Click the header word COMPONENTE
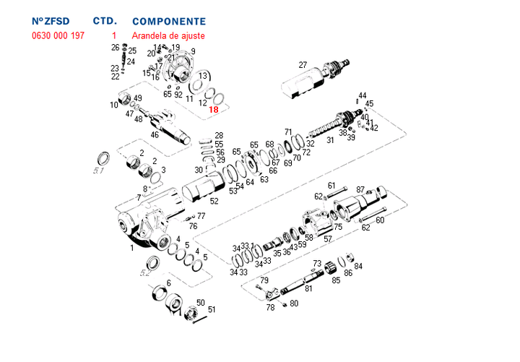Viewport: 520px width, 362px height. click(x=168, y=22)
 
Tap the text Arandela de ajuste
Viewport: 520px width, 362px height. click(x=168, y=35)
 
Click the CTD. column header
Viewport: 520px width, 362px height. click(x=105, y=22)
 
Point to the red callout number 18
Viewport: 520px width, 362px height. click(x=213, y=110)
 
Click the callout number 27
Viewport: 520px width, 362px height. click(x=303, y=65)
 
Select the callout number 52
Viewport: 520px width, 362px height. click(x=214, y=201)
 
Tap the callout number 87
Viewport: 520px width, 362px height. click(x=361, y=189)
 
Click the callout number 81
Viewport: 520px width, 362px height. click(x=308, y=288)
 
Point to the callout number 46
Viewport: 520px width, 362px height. click(x=155, y=134)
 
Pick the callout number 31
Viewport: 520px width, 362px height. click(x=330, y=140)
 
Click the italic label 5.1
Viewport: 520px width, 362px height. click(x=100, y=172)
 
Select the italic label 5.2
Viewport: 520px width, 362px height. click(x=145, y=272)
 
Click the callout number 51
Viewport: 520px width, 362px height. click(x=212, y=309)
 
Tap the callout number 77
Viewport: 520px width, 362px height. click(x=201, y=215)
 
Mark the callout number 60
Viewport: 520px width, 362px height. click(x=380, y=220)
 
